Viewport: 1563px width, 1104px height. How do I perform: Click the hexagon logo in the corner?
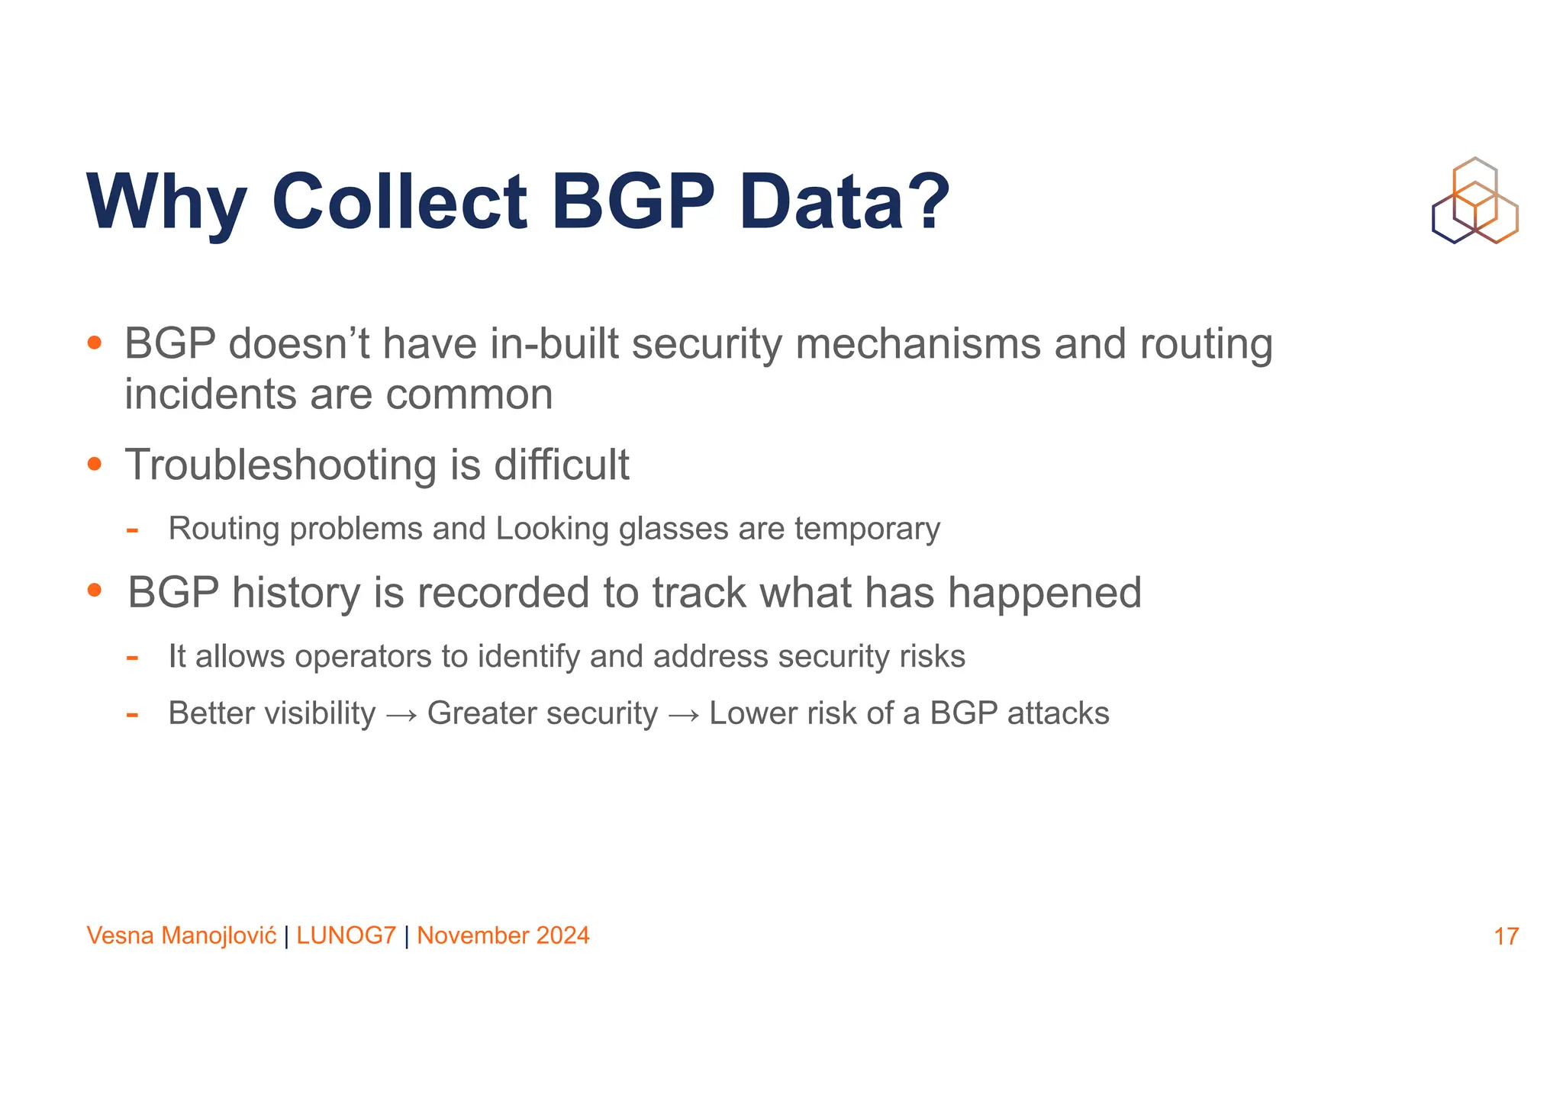coord(1474,201)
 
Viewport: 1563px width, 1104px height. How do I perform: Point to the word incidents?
coord(210,394)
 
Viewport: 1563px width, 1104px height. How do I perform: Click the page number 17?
coord(1506,936)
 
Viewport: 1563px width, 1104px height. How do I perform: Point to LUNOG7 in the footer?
coord(346,935)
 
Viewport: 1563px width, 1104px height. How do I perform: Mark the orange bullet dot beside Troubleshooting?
coord(95,463)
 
